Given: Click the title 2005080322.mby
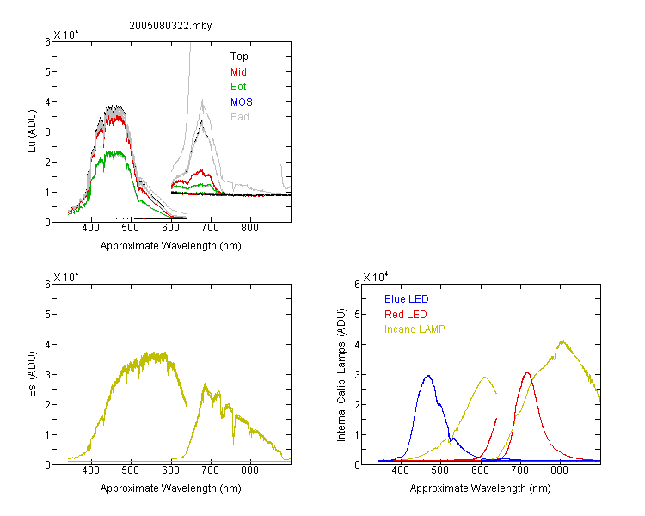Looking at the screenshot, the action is [170, 26].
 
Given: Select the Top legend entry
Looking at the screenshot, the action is [239, 57].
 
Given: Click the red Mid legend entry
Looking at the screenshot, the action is [238, 72].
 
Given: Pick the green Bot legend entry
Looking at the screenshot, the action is [238, 87].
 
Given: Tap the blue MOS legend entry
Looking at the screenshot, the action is [242, 102].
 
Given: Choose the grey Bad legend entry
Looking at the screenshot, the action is [240, 117].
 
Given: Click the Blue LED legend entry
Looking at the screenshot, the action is [407, 299].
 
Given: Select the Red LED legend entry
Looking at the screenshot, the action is [406, 315].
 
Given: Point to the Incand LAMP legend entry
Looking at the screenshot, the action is [415, 329].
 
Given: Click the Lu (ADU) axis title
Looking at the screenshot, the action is [32, 132].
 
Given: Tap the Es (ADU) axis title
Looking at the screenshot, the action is [32, 374].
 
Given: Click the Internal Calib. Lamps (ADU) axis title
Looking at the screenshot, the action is [341, 375].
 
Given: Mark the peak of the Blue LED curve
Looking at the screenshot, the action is [428, 376].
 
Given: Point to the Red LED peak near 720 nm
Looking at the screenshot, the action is [527, 372].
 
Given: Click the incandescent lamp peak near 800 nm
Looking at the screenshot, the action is [562, 341].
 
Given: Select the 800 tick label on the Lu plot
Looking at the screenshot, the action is [249, 228].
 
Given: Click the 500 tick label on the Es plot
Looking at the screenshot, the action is [131, 470].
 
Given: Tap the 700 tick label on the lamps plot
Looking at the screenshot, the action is [520, 470].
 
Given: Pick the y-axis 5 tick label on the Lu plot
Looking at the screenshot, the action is [47, 72].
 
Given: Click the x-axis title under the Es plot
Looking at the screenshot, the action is [171, 488].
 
